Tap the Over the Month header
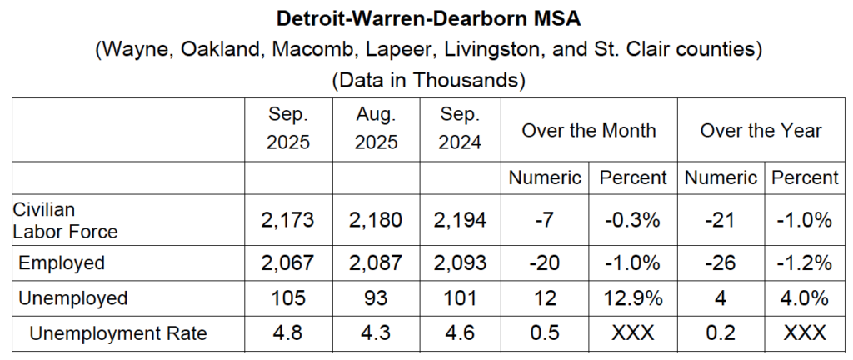pyautogui.click(x=589, y=130)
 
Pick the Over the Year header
pyautogui.click(x=761, y=130)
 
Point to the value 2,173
pyautogui.click(x=288, y=221)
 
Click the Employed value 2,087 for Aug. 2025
pyautogui.click(x=377, y=263)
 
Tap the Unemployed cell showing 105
pyautogui.click(x=288, y=298)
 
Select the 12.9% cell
pyautogui.click(x=632, y=298)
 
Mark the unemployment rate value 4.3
pyautogui.click(x=377, y=333)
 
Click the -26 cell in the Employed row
pyautogui.click(x=719, y=263)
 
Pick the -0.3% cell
pyautogui.click(x=632, y=221)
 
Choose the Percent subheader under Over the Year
pyautogui.click(x=805, y=177)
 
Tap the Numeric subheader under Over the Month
pyautogui.click(x=546, y=177)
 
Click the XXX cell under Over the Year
pyautogui.click(x=805, y=333)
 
